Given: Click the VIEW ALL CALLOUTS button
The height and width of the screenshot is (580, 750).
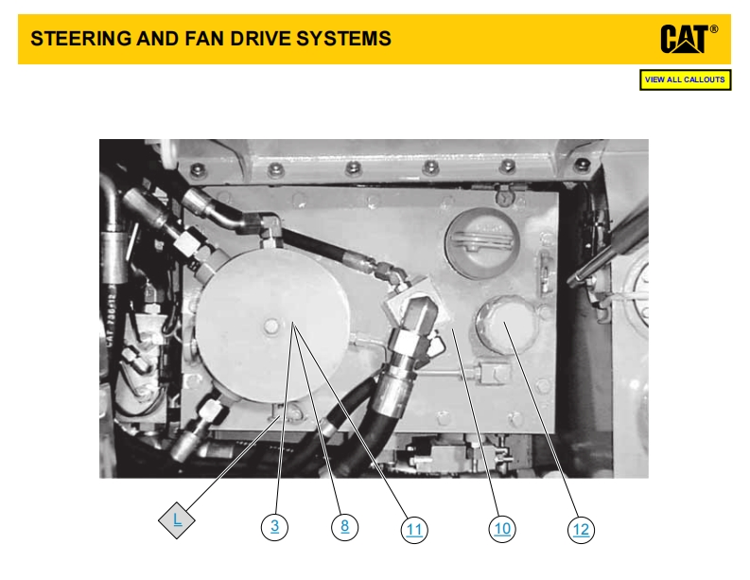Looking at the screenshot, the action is pos(685,79).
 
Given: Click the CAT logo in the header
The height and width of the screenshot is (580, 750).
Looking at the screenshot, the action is pos(684,39).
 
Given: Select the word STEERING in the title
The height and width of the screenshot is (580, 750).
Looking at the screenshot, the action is pos(80,39).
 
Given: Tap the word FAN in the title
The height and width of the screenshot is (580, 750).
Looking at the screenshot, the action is pos(204,39).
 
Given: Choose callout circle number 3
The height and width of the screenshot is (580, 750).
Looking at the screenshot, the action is pos(274,526).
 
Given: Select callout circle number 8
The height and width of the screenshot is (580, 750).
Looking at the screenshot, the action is pos(344,526).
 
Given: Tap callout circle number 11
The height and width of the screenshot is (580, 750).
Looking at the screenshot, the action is pos(414,530).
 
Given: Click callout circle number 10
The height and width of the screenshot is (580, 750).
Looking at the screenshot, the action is pos(502,529).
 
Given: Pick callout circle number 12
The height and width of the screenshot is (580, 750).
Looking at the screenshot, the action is pos(581,530).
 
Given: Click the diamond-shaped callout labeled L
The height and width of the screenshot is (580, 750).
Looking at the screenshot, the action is pos(177,520).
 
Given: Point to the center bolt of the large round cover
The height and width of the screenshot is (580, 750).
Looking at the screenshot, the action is pos(271,326).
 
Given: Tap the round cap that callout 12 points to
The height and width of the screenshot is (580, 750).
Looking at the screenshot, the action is pos(505,325).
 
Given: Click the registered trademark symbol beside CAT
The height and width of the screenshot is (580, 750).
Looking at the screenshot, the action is pos(714,29).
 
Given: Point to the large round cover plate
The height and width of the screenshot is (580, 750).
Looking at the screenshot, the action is pos(271,326).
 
